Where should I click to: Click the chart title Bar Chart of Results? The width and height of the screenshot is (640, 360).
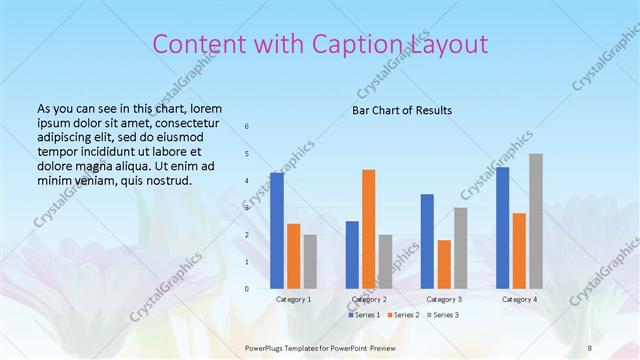pyautogui.click(x=402, y=110)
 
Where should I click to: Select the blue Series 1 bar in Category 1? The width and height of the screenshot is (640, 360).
pyautogui.click(x=277, y=230)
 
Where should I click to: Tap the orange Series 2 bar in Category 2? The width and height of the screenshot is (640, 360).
pyautogui.click(x=368, y=229)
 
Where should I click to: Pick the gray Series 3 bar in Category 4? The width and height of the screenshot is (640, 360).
pyautogui.click(x=536, y=221)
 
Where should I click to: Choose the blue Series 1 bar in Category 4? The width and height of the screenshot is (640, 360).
pyautogui.click(x=502, y=227)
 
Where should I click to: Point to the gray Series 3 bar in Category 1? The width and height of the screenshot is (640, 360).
pyautogui.click(x=310, y=261)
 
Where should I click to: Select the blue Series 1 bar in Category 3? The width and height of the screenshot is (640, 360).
pyautogui.click(x=427, y=241)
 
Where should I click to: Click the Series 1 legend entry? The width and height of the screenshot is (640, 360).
pyautogui.click(x=363, y=315)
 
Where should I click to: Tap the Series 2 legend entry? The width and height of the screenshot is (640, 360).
pyautogui.click(x=402, y=315)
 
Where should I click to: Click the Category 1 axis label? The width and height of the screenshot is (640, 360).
pyautogui.click(x=293, y=299)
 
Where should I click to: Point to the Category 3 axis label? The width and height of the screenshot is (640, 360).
pyautogui.click(x=443, y=299)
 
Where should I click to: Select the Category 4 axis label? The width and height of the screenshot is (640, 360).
pyautogui.click(x=519, y=299)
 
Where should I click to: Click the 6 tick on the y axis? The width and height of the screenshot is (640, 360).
pyautogui.click(x=247, y=126)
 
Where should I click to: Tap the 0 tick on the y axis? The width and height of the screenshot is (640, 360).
pyautogui.click(x=247, y=289)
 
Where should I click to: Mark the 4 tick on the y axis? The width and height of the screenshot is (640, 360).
pyautogui.click(x=247, y=181)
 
